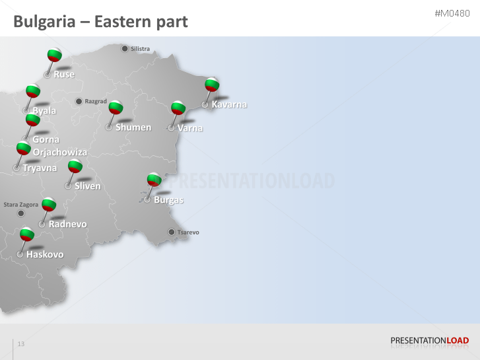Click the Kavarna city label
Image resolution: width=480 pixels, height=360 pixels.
tap(229, 104)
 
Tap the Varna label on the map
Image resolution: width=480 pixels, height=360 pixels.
tap(190, 128)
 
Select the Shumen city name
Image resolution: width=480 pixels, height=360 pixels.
tap(133, 127)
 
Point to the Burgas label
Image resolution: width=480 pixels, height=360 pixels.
tap(168, 200)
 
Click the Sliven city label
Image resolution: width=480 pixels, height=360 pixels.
tap(88, 186)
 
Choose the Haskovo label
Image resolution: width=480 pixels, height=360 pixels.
tap(45, 254)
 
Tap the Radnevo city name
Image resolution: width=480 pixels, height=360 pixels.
tap(67, 224)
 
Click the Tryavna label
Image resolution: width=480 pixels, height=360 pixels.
tap(40, 168)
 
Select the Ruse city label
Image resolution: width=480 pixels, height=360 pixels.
tap(64, 75)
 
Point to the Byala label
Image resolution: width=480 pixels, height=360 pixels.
tap(44, 111)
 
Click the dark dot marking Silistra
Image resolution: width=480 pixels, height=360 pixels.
tap(124, 48)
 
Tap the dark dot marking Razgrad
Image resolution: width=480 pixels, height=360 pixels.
tap(79, 101)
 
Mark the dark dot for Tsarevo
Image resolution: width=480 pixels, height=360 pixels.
tap(172, 232)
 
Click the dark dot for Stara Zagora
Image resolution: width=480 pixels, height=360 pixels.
tap(20, 213)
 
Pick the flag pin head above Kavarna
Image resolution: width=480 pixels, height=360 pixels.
tap(212, 84)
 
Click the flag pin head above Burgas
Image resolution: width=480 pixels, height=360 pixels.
tap(154, 179)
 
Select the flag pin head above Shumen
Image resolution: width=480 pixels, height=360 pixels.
tap(116, 107)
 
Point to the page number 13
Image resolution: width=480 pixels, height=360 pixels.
tap(21, 344)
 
